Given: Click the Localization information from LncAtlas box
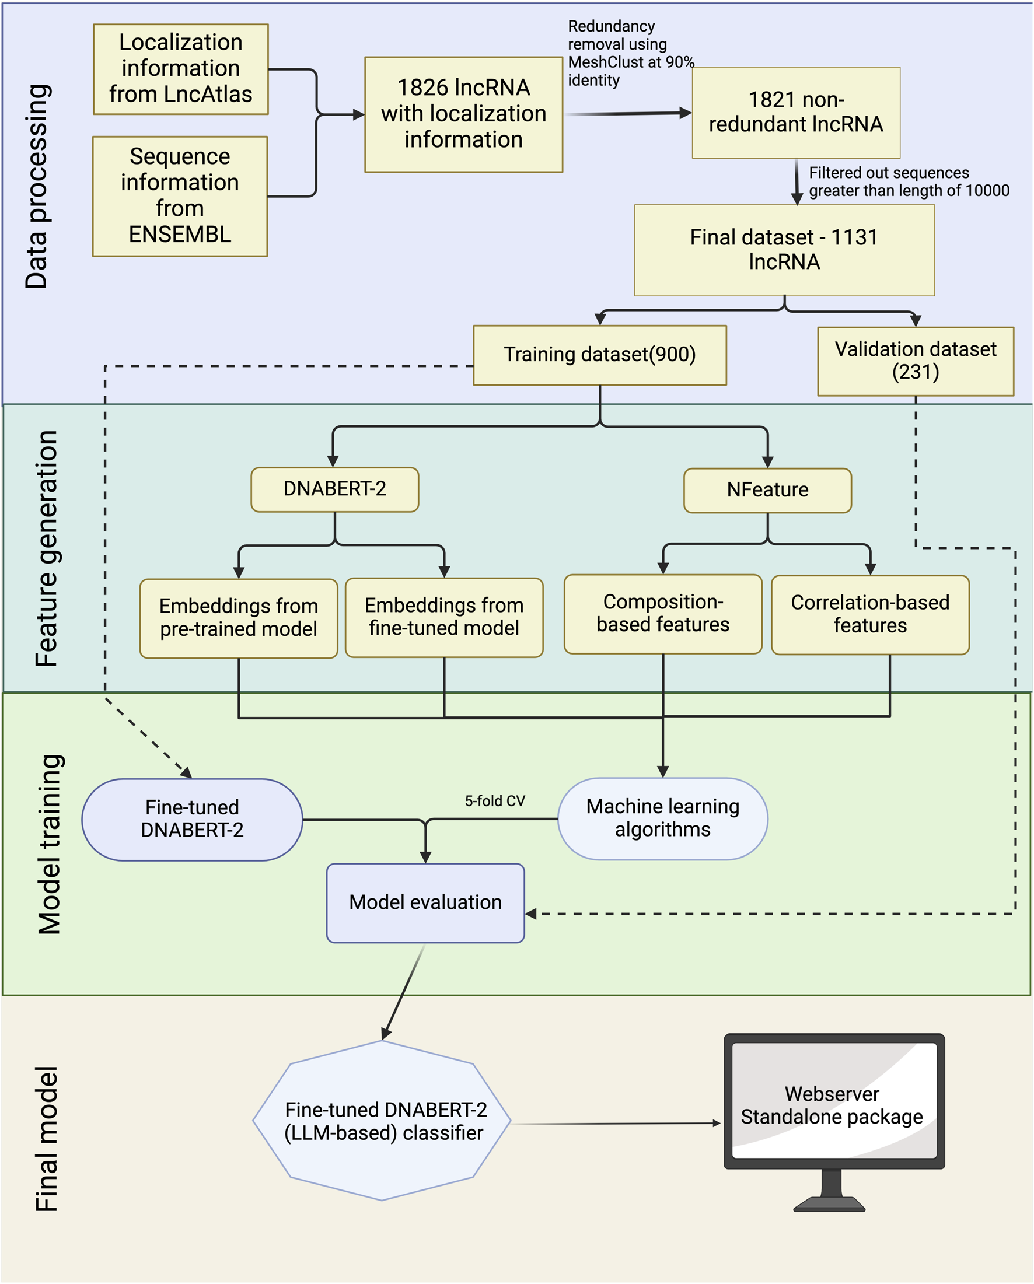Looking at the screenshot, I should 180,68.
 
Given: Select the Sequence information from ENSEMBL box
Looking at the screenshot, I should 180,196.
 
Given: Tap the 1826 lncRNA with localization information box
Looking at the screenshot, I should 463,114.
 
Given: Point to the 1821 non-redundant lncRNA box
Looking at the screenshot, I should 796,112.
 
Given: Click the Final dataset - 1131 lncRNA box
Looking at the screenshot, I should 784,250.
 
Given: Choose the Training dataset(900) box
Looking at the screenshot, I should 599,354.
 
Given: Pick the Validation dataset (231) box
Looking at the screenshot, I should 915,361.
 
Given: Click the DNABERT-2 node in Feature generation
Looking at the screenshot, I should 335,489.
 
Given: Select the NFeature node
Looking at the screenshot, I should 767,490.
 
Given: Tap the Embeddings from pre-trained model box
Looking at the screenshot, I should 238,618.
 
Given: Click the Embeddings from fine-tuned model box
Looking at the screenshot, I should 443,617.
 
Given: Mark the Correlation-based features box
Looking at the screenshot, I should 869,614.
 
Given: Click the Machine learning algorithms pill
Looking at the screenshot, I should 662,818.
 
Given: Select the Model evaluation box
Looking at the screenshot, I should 425,902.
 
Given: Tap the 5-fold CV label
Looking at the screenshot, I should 494,801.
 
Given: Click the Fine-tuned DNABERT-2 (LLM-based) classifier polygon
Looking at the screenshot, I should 382,1121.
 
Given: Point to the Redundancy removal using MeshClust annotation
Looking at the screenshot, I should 630,53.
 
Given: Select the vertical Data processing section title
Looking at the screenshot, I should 37,186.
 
